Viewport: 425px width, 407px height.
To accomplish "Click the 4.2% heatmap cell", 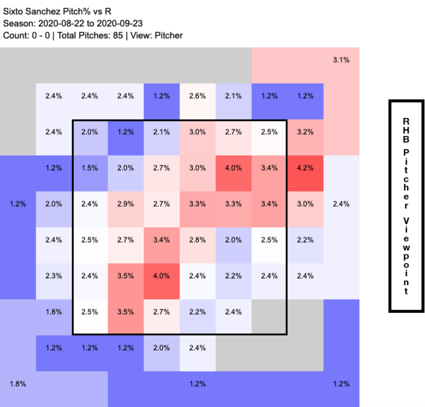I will [305, 168].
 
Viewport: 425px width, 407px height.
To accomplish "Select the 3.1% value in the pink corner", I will [341, 60].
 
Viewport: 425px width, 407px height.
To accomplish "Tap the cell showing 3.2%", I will [305, 132].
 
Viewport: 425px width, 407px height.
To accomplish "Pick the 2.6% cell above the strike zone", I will [197, 96].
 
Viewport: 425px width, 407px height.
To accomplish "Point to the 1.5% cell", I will [90, 168].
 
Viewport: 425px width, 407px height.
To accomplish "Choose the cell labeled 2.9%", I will [125, 204].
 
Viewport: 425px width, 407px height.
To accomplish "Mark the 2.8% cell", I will [197, 240].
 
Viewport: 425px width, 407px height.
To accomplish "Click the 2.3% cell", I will [54, 276].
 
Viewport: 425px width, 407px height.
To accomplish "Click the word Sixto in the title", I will [13, 11].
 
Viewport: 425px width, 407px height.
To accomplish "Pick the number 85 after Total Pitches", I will [118, 35].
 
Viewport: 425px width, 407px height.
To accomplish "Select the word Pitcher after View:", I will [169, 35].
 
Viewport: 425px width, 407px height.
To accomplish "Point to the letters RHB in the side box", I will [406, 130].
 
